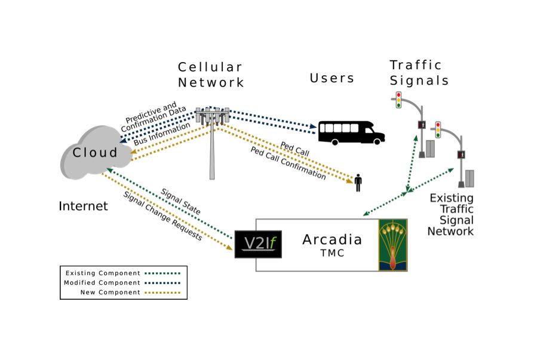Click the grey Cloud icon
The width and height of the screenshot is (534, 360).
96,153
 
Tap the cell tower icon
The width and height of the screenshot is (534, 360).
212,137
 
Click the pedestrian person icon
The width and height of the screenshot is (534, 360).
358,183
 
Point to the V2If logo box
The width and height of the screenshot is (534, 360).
258,244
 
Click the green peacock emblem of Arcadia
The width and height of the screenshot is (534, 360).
392,245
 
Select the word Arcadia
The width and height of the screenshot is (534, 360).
332,240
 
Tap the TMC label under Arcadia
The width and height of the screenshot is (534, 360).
332,254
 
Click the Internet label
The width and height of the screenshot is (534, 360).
83,206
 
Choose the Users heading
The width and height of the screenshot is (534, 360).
332,78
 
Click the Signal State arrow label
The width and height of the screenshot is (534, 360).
180,202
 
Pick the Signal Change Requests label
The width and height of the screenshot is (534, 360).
162,216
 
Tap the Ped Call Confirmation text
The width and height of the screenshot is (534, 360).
288,163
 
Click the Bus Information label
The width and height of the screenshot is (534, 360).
162,133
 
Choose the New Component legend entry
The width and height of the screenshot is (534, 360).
110,293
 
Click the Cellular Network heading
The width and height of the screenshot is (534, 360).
210,75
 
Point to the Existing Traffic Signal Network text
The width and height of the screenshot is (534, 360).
452,214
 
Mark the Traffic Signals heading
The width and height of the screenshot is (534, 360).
419,72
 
